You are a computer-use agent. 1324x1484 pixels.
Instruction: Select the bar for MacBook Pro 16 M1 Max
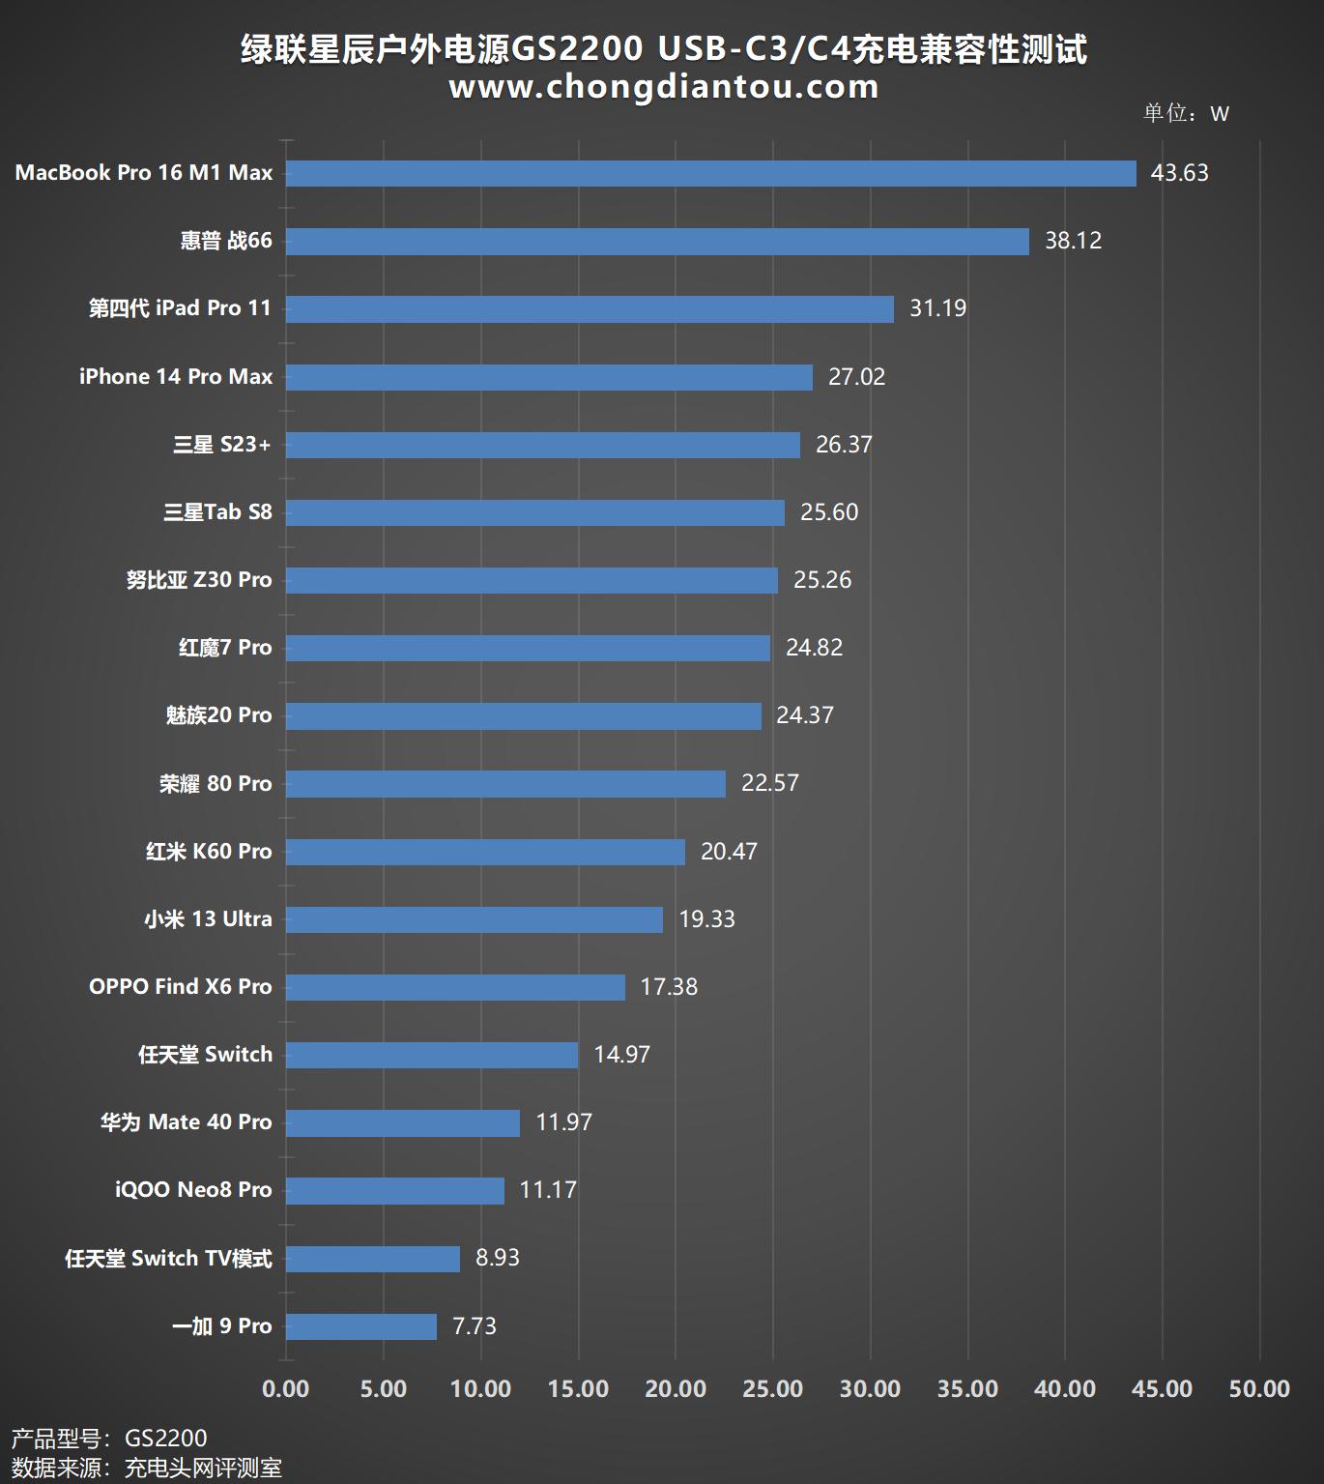click(710, 173)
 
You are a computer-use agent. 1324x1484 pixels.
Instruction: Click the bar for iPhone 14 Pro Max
click(549, 377)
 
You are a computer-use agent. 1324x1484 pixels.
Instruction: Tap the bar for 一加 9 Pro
click(361, 1326)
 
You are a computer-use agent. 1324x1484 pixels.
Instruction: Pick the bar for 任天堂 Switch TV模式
click(373, 1259)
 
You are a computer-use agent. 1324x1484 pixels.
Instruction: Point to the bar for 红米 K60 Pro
click(485, 852)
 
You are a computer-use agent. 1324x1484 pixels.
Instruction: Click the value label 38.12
click(1073, 241)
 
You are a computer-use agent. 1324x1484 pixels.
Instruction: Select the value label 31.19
click(937, 308)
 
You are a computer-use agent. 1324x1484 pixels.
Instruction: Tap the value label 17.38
click(669, 987)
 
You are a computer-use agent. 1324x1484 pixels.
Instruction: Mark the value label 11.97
click(563, 1122)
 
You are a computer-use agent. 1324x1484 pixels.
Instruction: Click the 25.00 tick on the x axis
click(772, 1389)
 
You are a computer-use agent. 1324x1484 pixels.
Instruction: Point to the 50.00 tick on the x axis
click(1259, 1389)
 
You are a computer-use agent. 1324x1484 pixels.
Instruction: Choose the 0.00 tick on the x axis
click(286, 1389)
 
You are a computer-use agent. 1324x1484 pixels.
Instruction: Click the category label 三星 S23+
click(222, 445)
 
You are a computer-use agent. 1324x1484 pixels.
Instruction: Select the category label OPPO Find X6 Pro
click(181, 987)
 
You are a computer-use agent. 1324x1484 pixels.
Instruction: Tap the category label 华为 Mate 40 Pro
click(187, 1122)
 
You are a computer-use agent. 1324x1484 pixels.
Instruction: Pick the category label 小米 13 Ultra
click(208, 919)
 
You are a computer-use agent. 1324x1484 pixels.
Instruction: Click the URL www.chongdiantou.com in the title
click(664, 87)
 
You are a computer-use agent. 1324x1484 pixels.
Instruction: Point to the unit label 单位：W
click(1186, 113)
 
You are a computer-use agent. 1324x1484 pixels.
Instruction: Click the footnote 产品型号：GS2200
click(109, 1439)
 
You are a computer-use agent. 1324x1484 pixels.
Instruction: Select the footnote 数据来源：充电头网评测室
click(147, 1468)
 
